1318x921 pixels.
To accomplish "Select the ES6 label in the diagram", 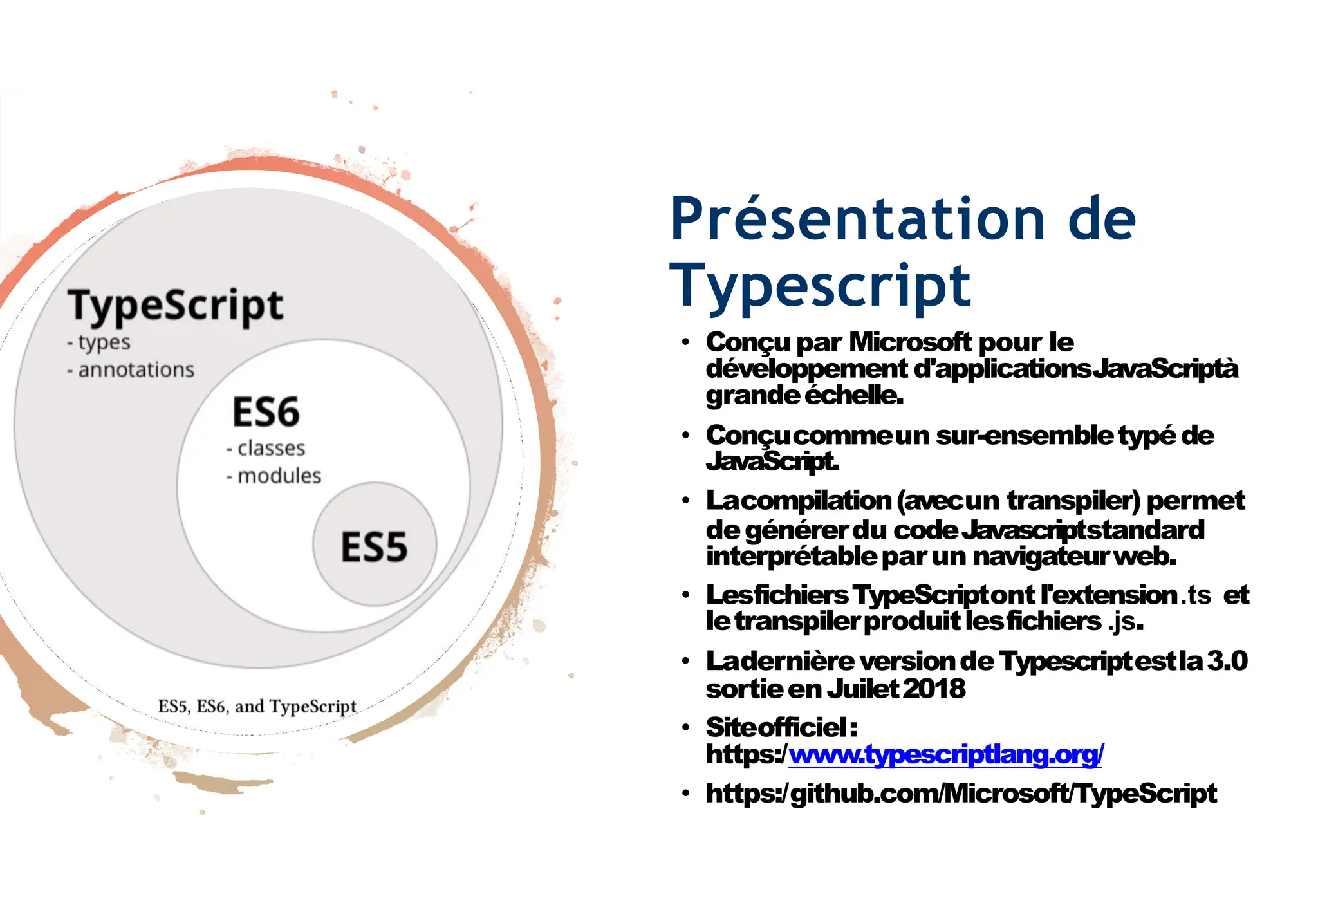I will (x=266, y=412).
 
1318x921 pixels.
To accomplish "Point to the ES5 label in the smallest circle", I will (x=374, y=547).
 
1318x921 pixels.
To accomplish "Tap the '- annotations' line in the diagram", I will (x=130, y=370).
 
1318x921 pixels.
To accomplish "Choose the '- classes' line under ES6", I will (x=265, y=448).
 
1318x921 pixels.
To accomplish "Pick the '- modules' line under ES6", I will (x=274, y=476).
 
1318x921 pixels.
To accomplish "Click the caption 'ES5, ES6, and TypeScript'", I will (x=257, y=706).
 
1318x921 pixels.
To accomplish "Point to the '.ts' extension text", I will (x=1196, y=595).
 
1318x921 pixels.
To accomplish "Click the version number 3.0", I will (x=1227, y=661).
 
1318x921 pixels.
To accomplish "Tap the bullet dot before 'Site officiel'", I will (x=686, y=729).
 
